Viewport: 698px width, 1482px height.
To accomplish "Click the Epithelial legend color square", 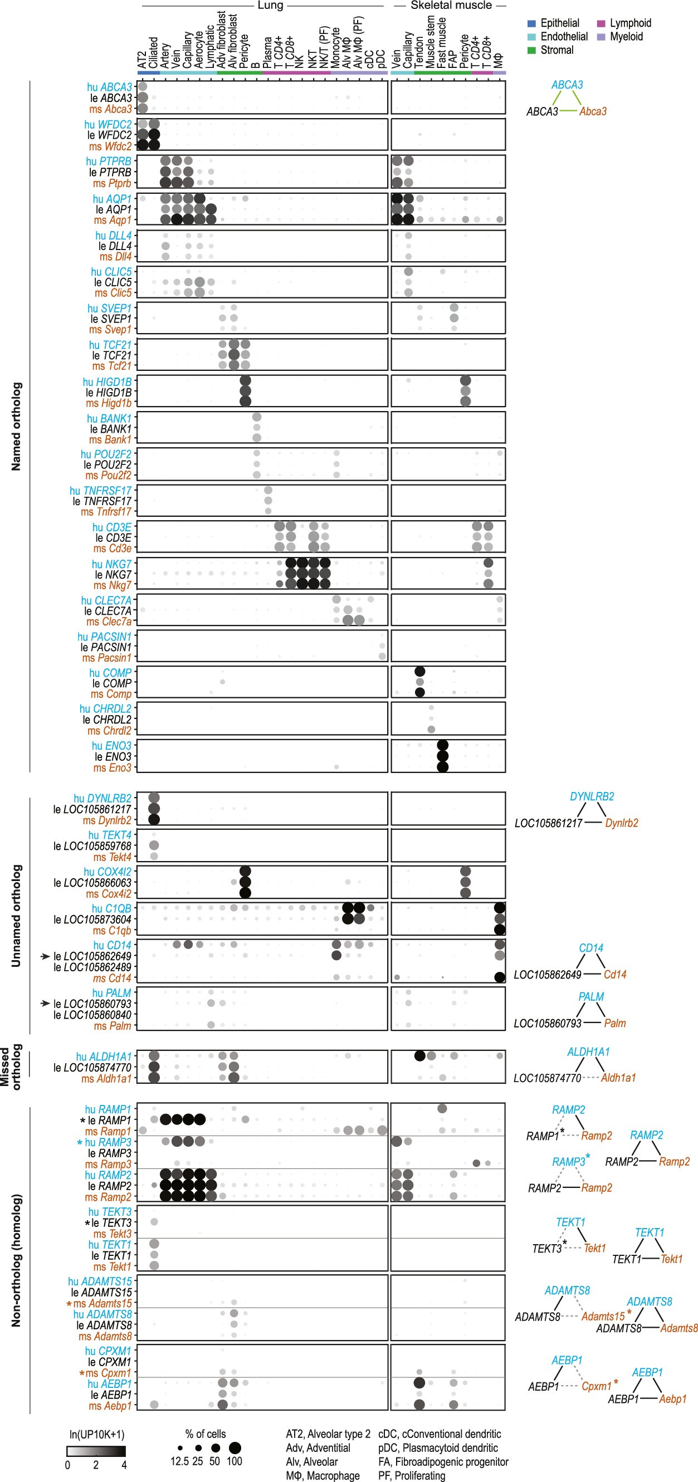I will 531,23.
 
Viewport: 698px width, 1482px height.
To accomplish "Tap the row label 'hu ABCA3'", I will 109,87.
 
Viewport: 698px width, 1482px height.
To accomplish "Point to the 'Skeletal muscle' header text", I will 451,6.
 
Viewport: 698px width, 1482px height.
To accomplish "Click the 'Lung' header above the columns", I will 270,6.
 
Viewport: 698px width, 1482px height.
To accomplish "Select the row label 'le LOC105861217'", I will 92,809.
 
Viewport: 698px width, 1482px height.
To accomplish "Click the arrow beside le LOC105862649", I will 45,956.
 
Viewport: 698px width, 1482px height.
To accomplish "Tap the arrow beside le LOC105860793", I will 45,1004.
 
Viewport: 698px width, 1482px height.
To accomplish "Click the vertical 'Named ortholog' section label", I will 16,426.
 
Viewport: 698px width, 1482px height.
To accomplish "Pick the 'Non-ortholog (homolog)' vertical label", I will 16,1260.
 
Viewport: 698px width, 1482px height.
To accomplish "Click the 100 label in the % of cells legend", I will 234,1461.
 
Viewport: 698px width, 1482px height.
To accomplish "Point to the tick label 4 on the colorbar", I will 124,1465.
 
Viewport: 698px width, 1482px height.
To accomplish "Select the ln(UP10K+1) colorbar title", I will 97,1434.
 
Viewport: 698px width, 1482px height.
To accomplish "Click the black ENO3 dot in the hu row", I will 442,746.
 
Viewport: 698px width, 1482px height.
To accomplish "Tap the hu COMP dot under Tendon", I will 419,672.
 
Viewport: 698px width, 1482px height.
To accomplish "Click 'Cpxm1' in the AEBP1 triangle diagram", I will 596,1386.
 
